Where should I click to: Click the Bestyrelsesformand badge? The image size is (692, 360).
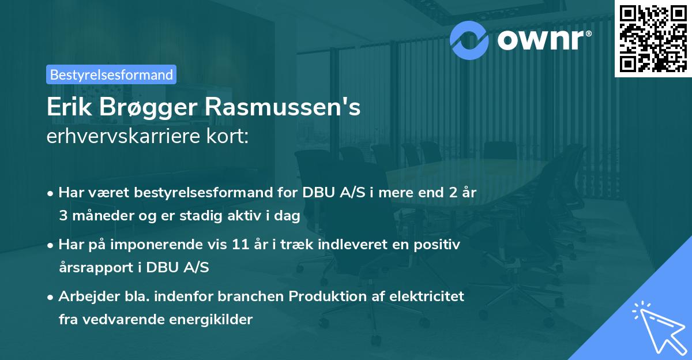pyautogui.click(x=111, y=74)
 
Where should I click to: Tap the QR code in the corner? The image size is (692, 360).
pyautogui.click(x=653, y=38)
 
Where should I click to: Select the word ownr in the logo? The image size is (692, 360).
pyautogui.click(x=544, y=39)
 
